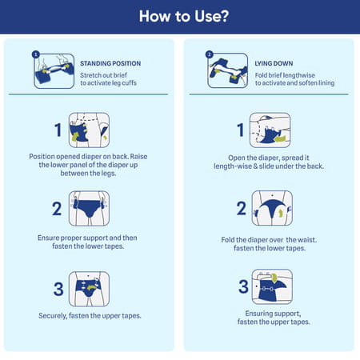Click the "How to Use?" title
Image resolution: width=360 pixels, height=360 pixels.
(x=184, y=16)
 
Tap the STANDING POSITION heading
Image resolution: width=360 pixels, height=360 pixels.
(x=110, y=63)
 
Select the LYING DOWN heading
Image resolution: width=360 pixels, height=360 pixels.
(x=274, y=63)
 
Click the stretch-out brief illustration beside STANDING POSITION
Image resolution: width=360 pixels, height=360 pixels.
(x=54, y=71)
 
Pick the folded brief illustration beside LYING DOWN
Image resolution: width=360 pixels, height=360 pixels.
(x=228, y=70)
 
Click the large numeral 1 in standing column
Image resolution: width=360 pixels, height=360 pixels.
(x=58, y=130)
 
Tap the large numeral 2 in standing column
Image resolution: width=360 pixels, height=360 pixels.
(x=57, y=209)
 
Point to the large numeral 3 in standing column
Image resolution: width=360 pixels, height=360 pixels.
(x=58, y=289)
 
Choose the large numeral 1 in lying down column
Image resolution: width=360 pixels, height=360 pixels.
(x=241, y=130)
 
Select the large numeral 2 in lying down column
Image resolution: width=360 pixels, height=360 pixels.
(x=242, y=208)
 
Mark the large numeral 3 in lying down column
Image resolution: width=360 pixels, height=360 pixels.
(x=243, y=286)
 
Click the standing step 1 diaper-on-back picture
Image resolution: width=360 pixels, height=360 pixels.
(x=89, y=130)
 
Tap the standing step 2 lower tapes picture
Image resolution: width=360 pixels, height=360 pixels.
(x=89, y=208)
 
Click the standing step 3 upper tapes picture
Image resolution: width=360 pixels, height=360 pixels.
(x=89, y=289)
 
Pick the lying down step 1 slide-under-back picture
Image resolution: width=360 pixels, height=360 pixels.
(x=270, y=130)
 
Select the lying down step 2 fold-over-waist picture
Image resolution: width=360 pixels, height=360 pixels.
(x=272, y=208)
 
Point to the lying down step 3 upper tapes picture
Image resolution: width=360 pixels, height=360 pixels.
(x=272, y=286)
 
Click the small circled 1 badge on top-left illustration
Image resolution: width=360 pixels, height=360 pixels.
(x=36, y=54)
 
